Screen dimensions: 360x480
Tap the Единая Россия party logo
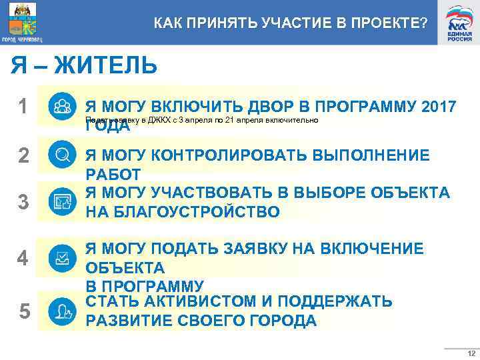[459, 22]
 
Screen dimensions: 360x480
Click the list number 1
[23, 107]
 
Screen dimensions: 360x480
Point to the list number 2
[23, 155]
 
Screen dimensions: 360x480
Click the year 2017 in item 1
[439, 107]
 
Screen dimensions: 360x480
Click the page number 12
[471, 353]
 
